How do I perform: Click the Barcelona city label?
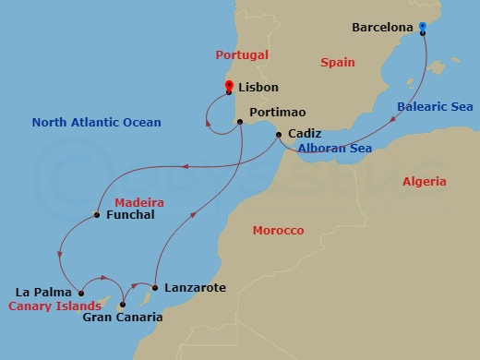383,28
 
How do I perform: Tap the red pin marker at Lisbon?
229,88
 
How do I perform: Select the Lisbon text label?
258,87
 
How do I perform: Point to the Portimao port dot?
240,121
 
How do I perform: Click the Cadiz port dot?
279,136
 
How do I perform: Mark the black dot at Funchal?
97,216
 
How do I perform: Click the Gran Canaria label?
123,318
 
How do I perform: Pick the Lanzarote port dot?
155,288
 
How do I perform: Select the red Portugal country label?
242,55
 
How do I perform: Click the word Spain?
337,63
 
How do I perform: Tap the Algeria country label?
424,182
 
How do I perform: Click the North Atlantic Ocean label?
96,122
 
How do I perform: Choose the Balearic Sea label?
435,107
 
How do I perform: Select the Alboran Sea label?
334,148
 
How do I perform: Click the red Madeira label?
138,201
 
